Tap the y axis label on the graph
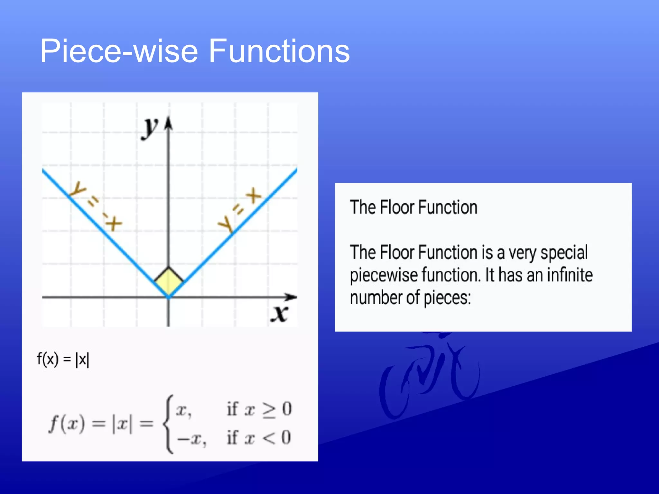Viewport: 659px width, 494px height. (x=150, y=128)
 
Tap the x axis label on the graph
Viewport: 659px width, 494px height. (x=279, y=314)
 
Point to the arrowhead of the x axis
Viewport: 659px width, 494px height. (x=291, y=297)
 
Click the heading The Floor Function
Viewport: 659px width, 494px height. (x=413, y=207)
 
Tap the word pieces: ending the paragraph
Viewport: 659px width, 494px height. (x=447, y=298)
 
